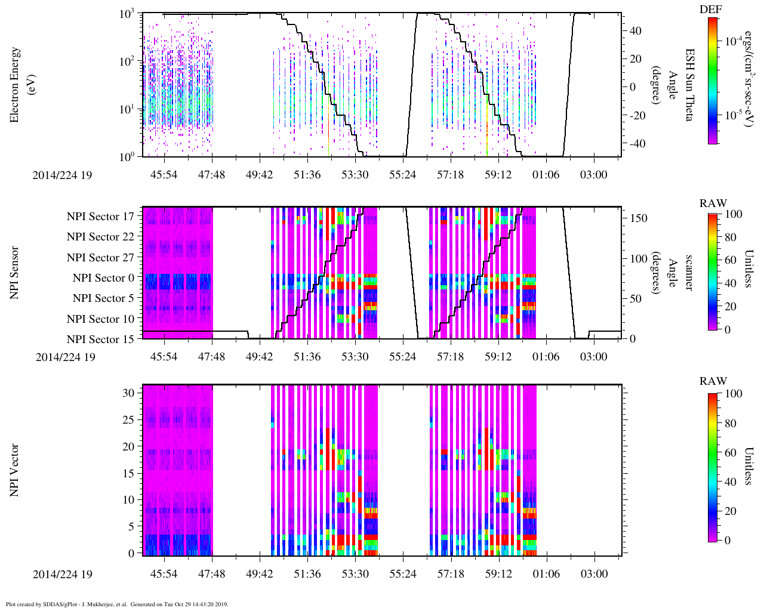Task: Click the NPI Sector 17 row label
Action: tap(100, 217)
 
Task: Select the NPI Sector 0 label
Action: tap(103, 278)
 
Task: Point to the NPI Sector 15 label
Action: tap(100, 340)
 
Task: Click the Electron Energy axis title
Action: tap(20, 85)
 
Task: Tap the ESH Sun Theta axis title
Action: tap(689, 85)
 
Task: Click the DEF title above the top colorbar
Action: tap(710, 10)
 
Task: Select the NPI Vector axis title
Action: tap(14, 470)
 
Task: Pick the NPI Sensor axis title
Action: tap(14, 273)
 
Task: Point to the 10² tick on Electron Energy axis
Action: tap(127, 61)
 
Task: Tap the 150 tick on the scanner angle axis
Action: tap(639, 218)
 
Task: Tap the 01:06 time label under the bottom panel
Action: tap(546, 574)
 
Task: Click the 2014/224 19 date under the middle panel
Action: tap(66, 357)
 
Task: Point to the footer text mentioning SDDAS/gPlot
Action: tap(117, 604)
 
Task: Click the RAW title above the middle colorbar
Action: tap(713, 203)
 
